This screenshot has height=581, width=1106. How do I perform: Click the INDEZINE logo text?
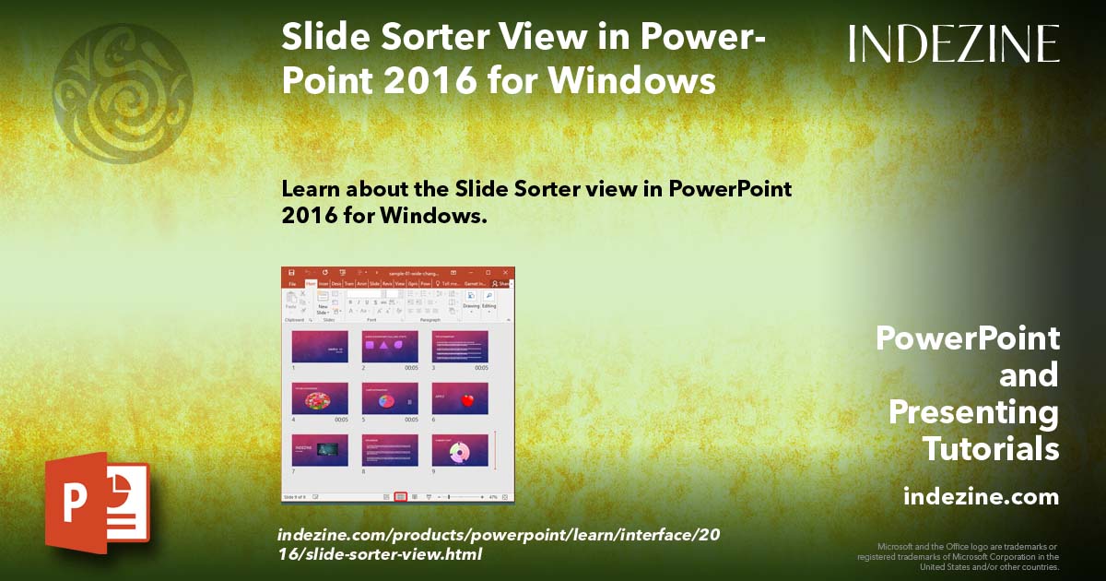[x=954, y=43]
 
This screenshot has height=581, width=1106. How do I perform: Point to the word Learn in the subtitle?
[x=309, y=189]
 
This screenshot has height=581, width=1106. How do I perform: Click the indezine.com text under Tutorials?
[x=981, y=497]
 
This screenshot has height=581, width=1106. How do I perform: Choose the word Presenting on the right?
[x=973, y=412]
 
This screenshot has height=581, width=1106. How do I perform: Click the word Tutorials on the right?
[x=991, y=449]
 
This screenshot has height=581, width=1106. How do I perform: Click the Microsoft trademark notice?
[x=959, y=556]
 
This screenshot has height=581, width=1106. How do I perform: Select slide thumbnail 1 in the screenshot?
[x=320, y=347]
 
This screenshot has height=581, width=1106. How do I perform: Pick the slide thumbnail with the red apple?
[x=460, y=398]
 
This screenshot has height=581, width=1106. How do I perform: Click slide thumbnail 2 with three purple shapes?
[x=390, y=347]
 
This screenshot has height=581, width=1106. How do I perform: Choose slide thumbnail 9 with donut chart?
[x=460, y=450]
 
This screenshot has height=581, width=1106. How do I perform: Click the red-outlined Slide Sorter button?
[x=400, y=496]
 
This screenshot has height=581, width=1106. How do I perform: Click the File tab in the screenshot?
[x=291, y=284]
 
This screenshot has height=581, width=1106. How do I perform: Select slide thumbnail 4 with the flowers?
[x=320, y=398]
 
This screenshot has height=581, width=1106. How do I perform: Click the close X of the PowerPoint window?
[x=505, y=273]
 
